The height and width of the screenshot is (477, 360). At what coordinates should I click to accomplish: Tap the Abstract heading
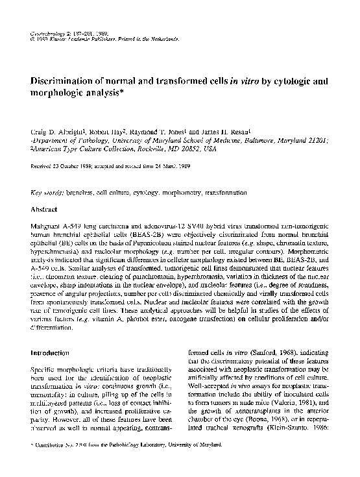tap(47, 210)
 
